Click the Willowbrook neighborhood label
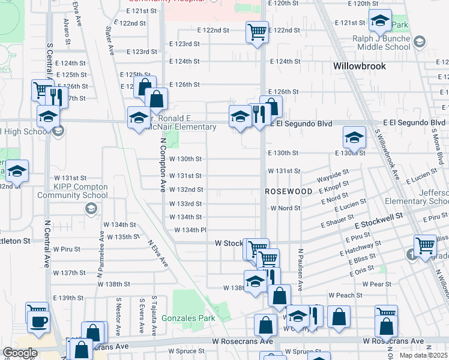click(x=360, y=65)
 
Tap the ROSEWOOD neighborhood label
click(x=289, y=191)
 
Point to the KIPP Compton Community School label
click(x=72, y=191)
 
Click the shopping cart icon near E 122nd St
click(x=257, y=31)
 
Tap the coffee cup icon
click(x=39, y=321)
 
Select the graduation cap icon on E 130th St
click(x=354, y=138)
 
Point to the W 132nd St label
click(x=185, y=190)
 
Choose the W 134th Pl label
click(x=190, y=230)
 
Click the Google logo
click(x=20, y=353)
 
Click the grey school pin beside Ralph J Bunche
click(x=418, y=41)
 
